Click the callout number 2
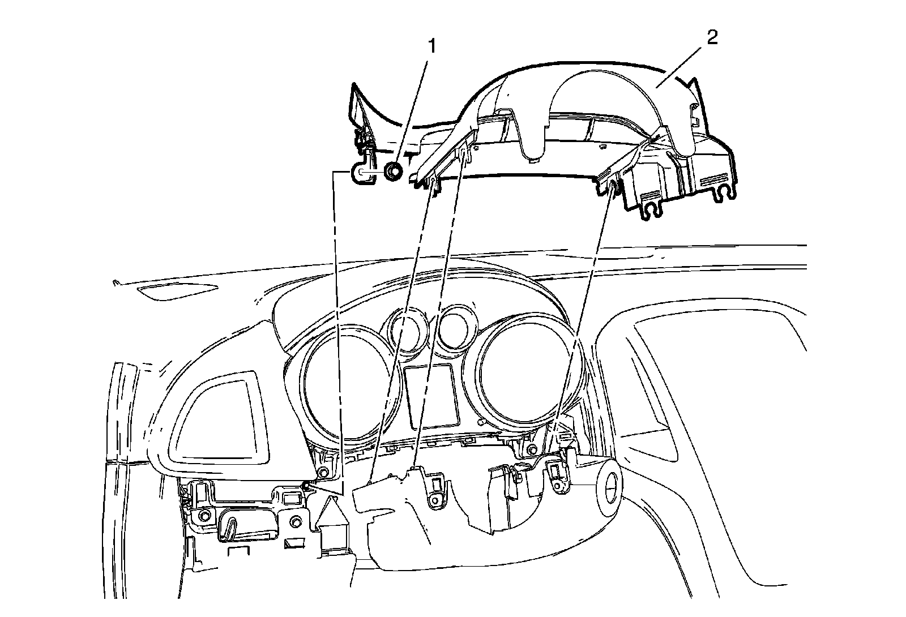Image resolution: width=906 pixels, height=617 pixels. click(x=711, y=38)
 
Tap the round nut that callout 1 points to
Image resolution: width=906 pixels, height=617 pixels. click(x=392, y=171)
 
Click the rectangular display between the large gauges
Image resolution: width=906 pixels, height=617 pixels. click(x=431, y=396)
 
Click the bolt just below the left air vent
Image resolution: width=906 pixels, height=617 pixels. click(x=323, y=472)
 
